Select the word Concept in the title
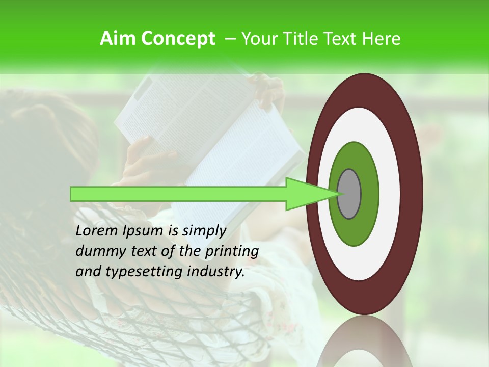[x=178, y=39]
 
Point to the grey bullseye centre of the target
[x=349, y=194]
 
